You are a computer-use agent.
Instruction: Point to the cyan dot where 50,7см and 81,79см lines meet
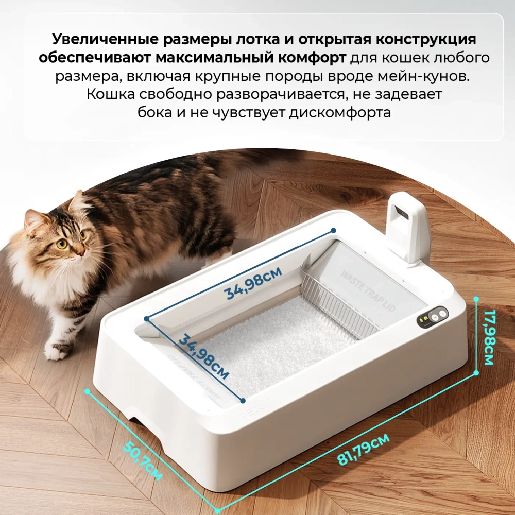[218, 510]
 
